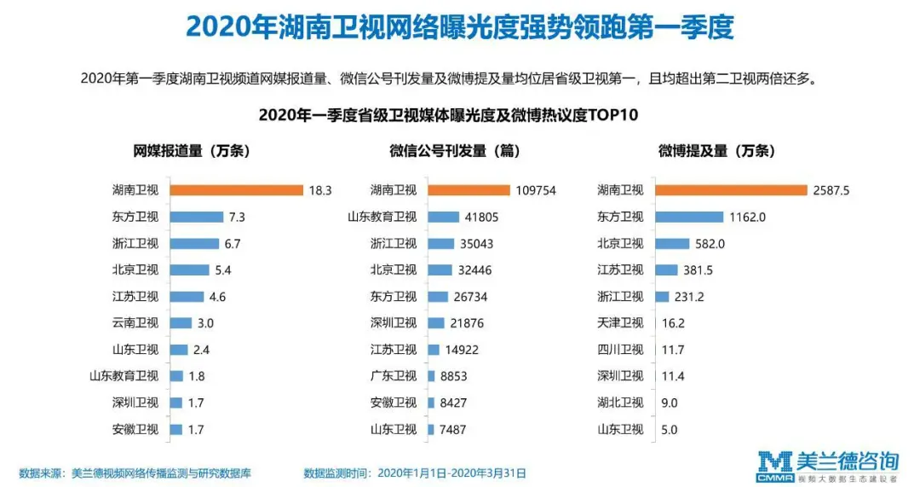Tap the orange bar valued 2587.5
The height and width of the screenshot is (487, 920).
coord(730,190)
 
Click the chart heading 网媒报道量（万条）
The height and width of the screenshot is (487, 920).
coord(191,151)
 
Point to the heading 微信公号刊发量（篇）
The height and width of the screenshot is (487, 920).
coord(454,151)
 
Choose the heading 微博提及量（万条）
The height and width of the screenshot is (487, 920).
coord(716,151)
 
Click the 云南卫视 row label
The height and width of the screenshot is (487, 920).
coord(135,323)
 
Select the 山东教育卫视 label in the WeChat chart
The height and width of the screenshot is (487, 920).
coord(382,217)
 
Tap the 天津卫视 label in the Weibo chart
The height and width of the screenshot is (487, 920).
coord(620,323)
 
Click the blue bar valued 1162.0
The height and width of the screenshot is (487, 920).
coord(690,217)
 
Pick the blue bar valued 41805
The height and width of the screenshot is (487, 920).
coord(443,217)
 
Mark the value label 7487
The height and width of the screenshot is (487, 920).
coord(452,430)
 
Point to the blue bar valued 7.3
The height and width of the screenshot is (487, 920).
coord(195,217)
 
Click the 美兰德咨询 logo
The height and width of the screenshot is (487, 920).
coord(828,465)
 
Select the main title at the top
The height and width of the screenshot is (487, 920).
coord(459,27)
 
